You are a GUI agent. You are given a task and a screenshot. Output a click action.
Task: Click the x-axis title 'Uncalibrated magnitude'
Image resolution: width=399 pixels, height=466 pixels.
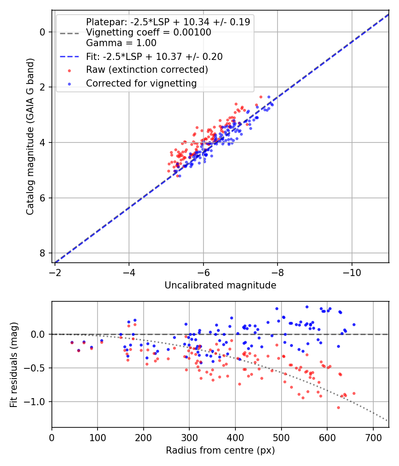220,285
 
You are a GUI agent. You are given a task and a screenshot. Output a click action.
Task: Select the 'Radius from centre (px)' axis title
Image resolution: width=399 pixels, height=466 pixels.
220,450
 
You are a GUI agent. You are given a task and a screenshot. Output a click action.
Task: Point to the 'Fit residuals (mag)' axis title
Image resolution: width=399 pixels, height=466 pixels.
14,364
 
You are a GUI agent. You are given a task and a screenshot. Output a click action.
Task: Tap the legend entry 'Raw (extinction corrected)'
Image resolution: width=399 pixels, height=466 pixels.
147,70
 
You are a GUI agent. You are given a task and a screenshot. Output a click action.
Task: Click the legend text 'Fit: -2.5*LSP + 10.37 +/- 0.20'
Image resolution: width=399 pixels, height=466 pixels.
154,57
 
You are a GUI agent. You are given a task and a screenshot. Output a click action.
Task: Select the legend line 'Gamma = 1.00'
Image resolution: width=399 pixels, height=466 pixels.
121,43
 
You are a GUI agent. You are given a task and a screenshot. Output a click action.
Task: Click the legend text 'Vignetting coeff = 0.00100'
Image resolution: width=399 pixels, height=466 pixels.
149,32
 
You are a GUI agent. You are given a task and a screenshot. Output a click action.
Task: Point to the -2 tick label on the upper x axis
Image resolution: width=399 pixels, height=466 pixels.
55,270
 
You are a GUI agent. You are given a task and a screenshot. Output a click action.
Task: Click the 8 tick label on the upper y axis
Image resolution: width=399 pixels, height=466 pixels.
43,253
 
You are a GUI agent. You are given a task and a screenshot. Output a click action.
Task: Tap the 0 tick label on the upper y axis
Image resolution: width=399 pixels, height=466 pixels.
43,32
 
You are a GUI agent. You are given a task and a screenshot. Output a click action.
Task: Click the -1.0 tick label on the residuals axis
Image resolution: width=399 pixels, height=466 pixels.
37,402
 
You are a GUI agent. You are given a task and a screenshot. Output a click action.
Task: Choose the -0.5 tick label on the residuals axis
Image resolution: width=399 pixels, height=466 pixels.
37,368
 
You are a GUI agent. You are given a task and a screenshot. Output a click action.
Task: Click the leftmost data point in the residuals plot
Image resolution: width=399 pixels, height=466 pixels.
72,343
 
